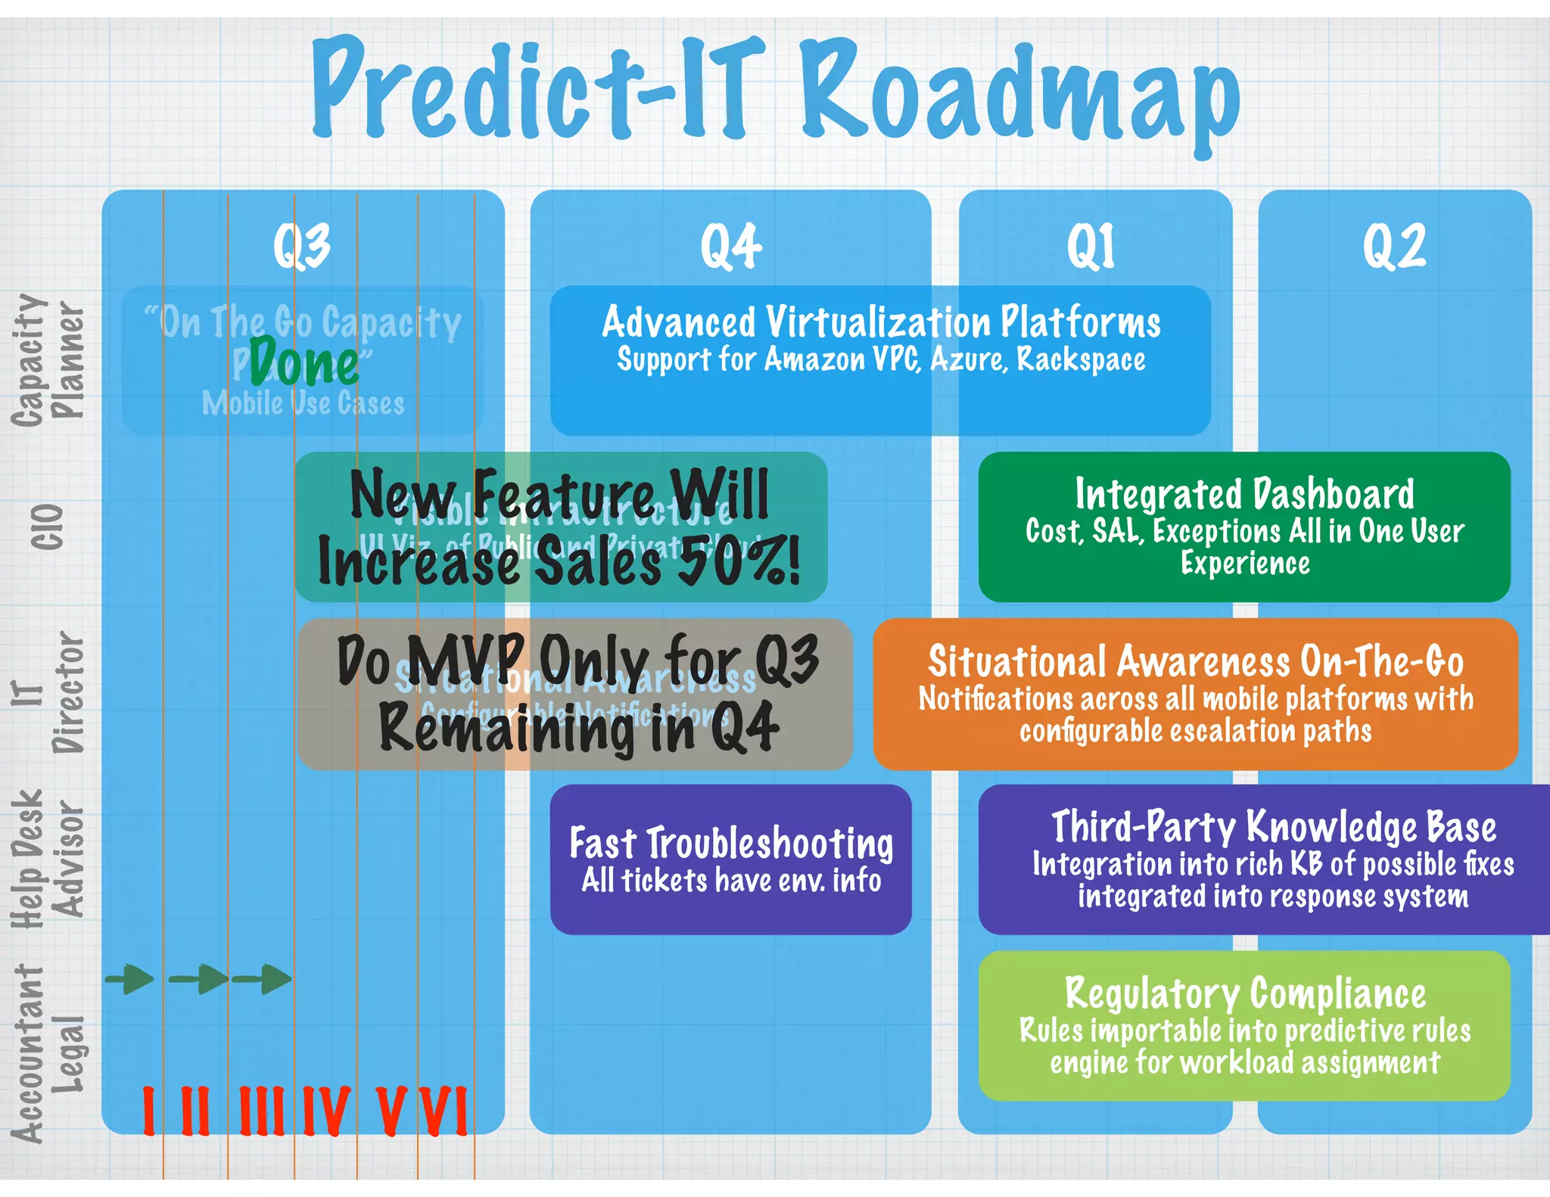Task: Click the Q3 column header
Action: click(302, 246)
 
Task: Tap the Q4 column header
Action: click(730, 246)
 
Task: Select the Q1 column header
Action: click(1091, 246)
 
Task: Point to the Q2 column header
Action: click(1394, 246)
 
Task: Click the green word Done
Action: click(304, 364)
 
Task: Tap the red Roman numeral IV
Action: click(326, 1111)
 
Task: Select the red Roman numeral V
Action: click(393, 1111)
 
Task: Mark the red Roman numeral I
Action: click(149, 1111)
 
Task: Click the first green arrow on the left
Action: click(130, 979)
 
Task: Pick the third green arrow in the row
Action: click(263, 979)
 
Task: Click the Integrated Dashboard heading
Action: click(1244, 494)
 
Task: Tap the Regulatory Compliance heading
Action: click(1245, 993)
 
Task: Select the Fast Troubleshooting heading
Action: click(731, 843)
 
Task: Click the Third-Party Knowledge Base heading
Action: click(1274, 826)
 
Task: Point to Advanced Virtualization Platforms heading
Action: click(881, 322)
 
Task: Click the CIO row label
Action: click(47, 527)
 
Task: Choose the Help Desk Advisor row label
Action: click(47, 860)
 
